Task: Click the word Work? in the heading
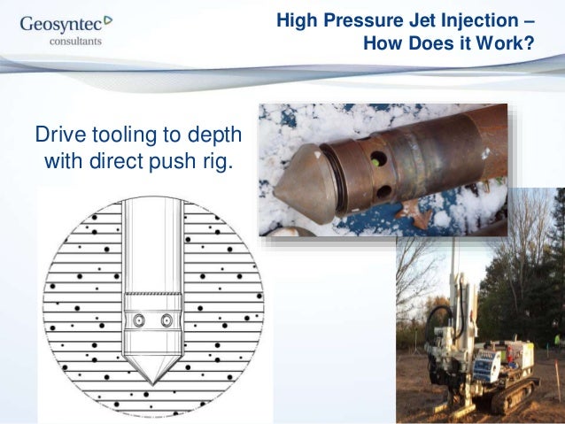(510, 42)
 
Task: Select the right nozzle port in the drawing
(166, 320)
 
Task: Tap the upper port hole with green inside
(376, 161)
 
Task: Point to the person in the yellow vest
(556, 342)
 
